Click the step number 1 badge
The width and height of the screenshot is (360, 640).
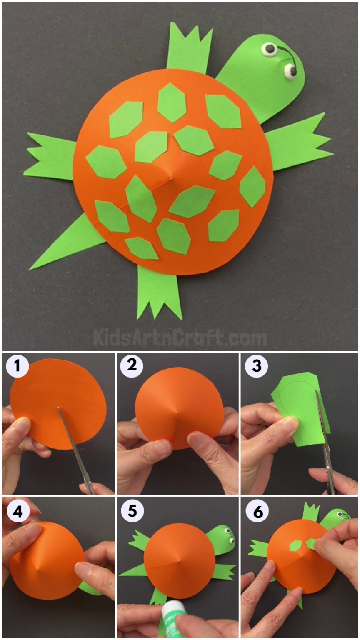pos(17,366)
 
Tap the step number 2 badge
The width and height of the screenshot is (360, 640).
pos(132,366)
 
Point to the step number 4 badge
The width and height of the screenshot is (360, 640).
pos(17,512)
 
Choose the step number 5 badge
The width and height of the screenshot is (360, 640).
pos(132,512)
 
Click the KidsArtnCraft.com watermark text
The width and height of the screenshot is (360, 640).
pos(180,337)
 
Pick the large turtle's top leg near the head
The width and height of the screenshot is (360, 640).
pos(188,48)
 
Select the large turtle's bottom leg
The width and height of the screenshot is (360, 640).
pos(158,292)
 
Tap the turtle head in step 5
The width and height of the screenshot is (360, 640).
pos(221,540)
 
